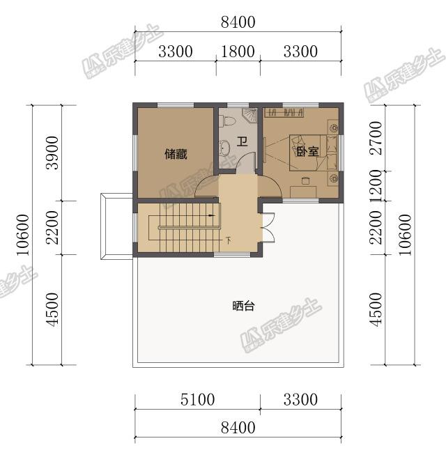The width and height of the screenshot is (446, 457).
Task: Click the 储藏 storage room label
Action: click(x=176, y=154)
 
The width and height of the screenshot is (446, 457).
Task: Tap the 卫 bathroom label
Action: click(x=243, y=142)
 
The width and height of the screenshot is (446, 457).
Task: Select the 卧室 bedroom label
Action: click(x=307, y=150)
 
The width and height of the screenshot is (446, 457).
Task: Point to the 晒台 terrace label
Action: click(x=243, y=306)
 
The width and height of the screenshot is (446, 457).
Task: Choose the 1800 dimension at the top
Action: click(x=238, y=52)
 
